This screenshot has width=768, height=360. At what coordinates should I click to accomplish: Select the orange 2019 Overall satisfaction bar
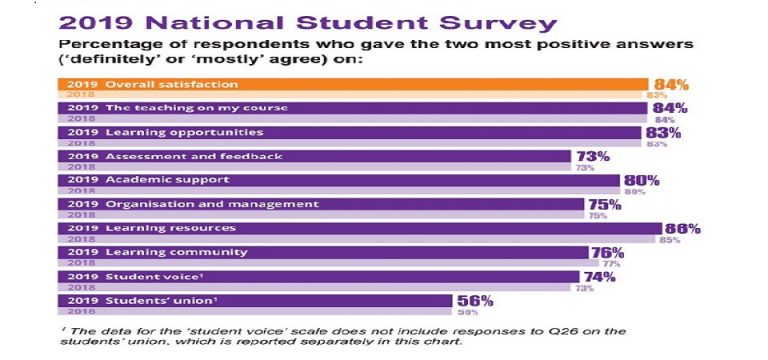pyautogui.click(x=355, y=84)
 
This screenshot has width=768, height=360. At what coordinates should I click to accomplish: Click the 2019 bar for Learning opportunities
pyautogui.click(x=350, y=132)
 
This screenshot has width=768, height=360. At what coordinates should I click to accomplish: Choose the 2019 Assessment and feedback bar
pyautogui.click(x=315, y=156)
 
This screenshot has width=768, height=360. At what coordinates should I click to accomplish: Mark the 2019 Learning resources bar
pyautogui.click(x=360, y=228)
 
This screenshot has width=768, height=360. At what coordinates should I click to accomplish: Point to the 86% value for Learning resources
pyautogui.click(x=682, y=228)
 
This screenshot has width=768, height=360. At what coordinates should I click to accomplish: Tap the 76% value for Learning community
pyautogui.click(x=608, y=252)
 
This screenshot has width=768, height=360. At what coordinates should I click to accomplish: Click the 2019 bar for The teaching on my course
pyautogui.click(x=355, y=108)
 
